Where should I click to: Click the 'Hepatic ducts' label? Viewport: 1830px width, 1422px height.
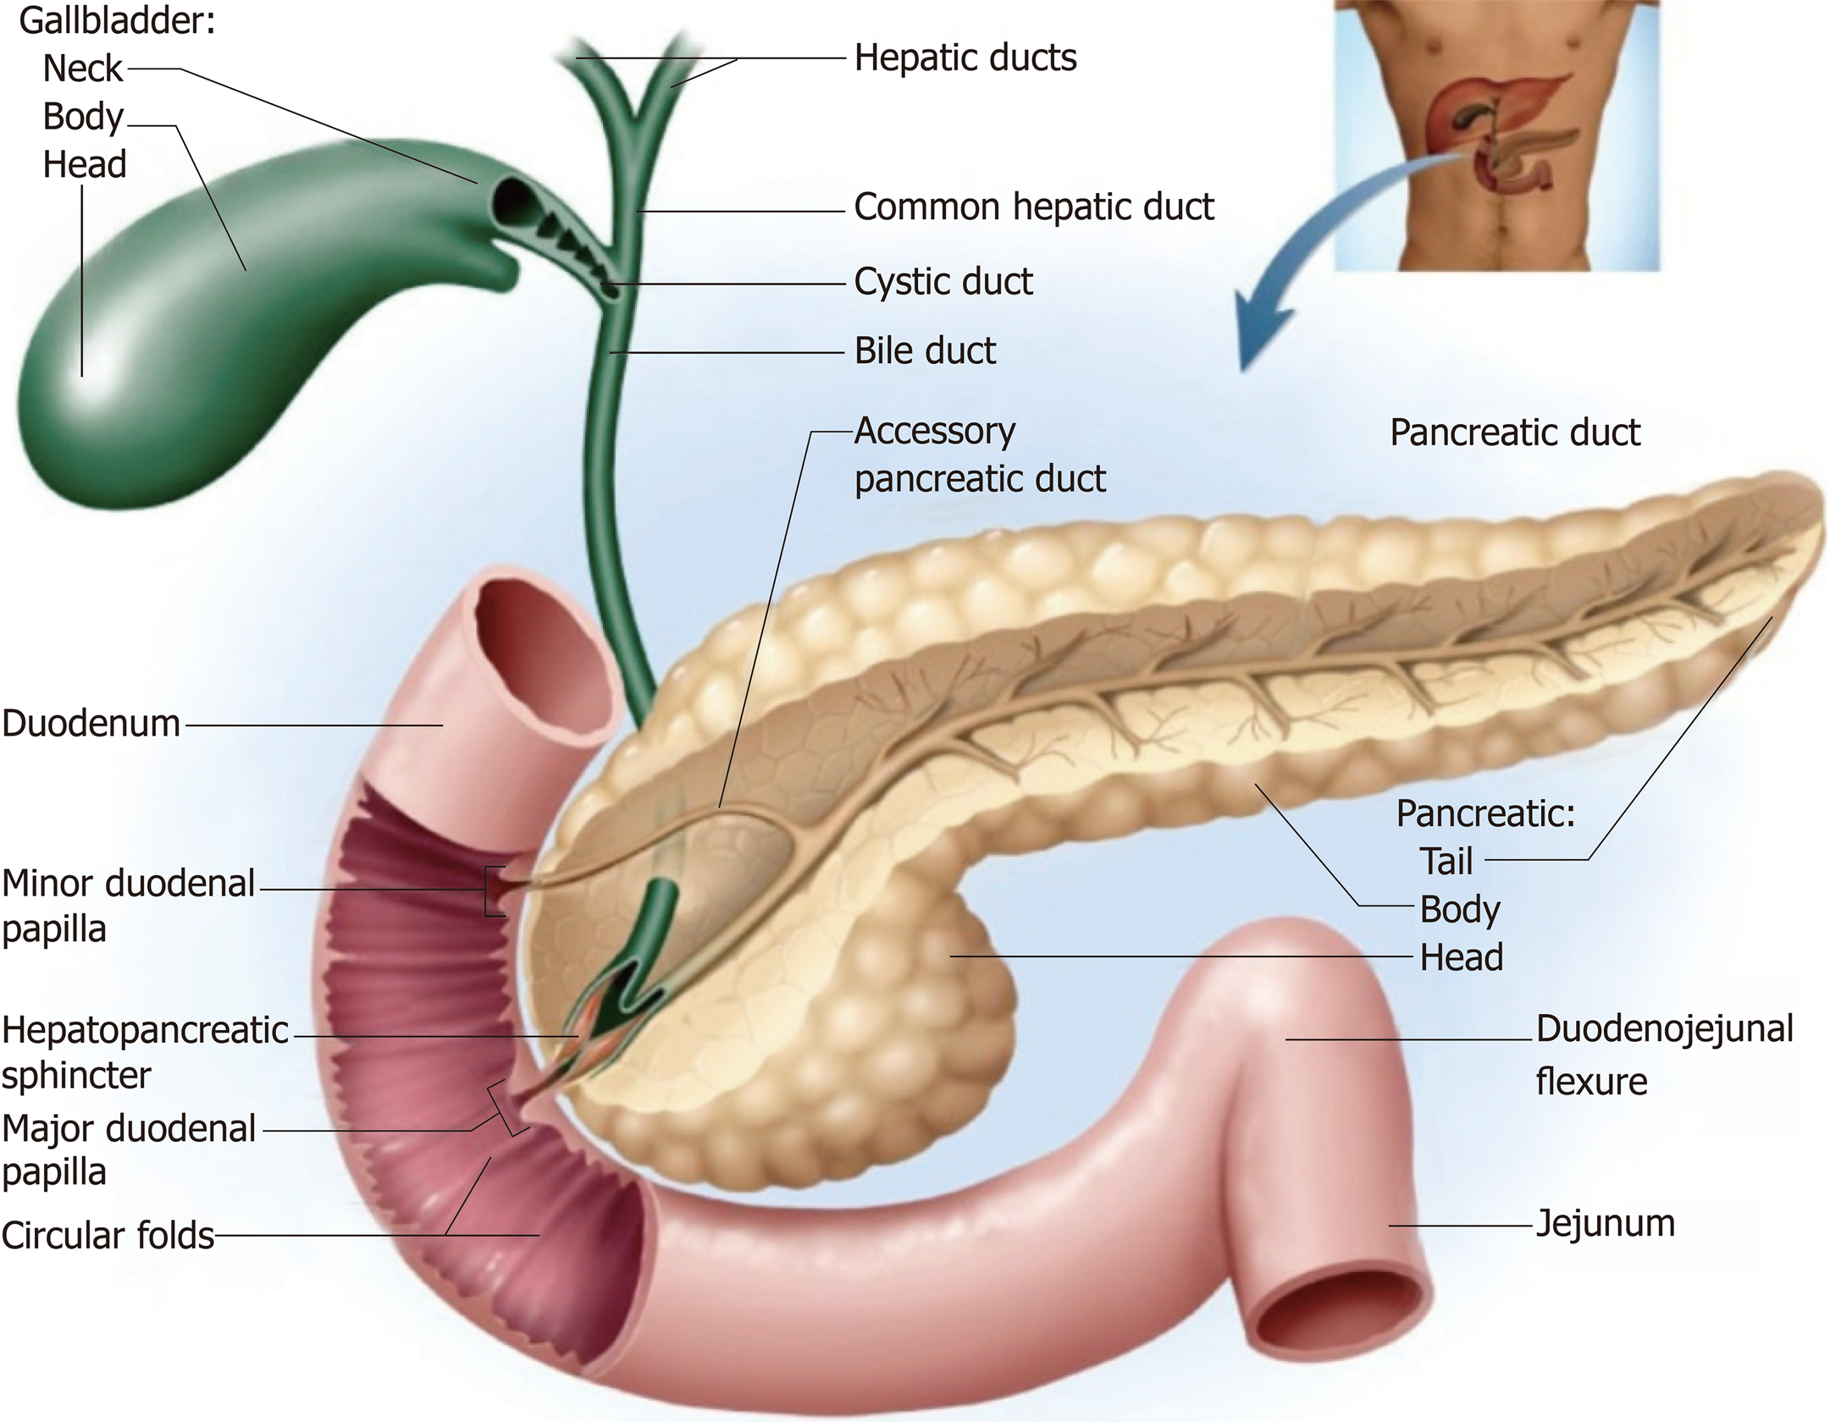pyautogui.click(x=965, y=58)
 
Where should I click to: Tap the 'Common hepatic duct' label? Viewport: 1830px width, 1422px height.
pyautogui.click(x=1034, y=207)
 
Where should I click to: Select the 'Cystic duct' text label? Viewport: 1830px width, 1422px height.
pyautogui.click(x=943, y=282)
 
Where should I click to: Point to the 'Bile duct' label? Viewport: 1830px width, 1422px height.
pyautogui.click(x=925, y=351)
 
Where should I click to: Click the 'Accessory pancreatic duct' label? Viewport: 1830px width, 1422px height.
pyautogui.click(x=979, y=455)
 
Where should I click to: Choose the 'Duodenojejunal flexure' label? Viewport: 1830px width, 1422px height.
pyautogui.click(x=1664, y=1055)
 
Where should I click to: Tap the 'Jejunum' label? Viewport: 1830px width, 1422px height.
pyautogui.click(x=1605, y=1224)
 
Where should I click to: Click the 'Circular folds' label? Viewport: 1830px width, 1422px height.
pyautogui.click(x=108, y=1236)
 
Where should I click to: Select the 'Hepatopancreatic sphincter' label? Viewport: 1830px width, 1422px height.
pyautogui.click(x=144, y=1053)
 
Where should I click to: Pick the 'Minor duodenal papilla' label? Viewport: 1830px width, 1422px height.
pyautogui.click(x=127, y=906)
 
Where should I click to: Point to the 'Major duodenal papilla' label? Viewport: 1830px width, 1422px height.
pyautogui.click(x=127, y=1150)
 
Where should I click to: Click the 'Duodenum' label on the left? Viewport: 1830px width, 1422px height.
pyautogui.click(x=91, y=725)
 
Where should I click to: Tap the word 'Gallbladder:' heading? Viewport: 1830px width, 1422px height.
pyautogui.click(x=117, y=21)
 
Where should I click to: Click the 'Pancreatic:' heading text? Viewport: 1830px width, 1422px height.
pyautogui.click(x=1485, y=813)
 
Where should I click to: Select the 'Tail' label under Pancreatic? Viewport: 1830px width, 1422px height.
pyautogui.click(x=1446, y=862)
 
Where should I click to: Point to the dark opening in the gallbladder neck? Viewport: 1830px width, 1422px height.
pyautogui.click(x=511, y=200)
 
